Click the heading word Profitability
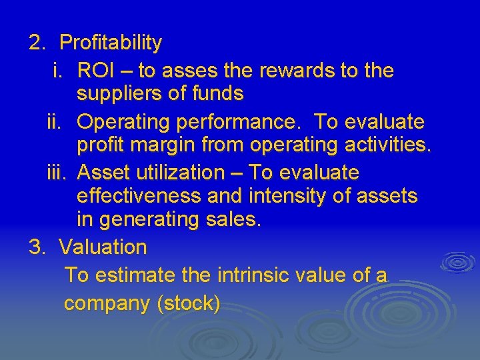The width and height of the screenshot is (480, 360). (x=111, y=43)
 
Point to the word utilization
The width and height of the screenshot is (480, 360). (x=179, y=173)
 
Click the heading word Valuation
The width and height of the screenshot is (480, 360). (x=103, y=247)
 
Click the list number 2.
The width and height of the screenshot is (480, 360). (x=36, y=43)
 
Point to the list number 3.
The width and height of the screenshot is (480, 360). (x=36, y=247)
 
